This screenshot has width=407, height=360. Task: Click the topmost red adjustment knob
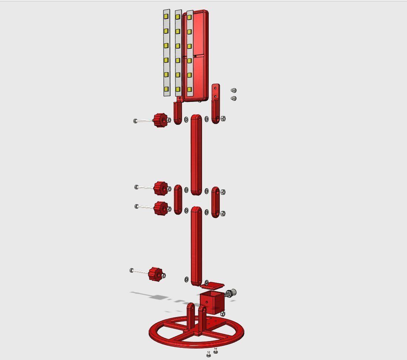pos(159,120)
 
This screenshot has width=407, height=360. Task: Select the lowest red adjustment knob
pos(155,274)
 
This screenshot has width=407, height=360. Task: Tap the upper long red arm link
pos(196,154)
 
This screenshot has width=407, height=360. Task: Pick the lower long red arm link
pos(196,246)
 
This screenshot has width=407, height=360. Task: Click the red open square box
pos(212,302)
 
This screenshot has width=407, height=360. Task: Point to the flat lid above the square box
pos(212,285)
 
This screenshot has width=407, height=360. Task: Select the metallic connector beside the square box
pos(231,293)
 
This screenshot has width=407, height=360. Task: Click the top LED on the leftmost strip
pos(166,17)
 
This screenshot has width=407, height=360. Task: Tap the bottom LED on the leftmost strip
pos(166,89)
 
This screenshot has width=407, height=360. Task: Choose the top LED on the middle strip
pos(178,17)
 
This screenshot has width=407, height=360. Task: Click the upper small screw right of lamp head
pos(233,90)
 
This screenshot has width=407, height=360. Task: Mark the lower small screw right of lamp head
pos(233,98)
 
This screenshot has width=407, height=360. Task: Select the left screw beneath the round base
pos(209,355)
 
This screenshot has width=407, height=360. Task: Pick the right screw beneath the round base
pos(216,351)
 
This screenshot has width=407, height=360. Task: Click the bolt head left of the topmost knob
pos(135,121)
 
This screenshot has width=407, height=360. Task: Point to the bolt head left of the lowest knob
pos(132,270)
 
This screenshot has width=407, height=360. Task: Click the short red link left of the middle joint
pos(178,199)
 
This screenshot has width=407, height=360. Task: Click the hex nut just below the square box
pos(223,314)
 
